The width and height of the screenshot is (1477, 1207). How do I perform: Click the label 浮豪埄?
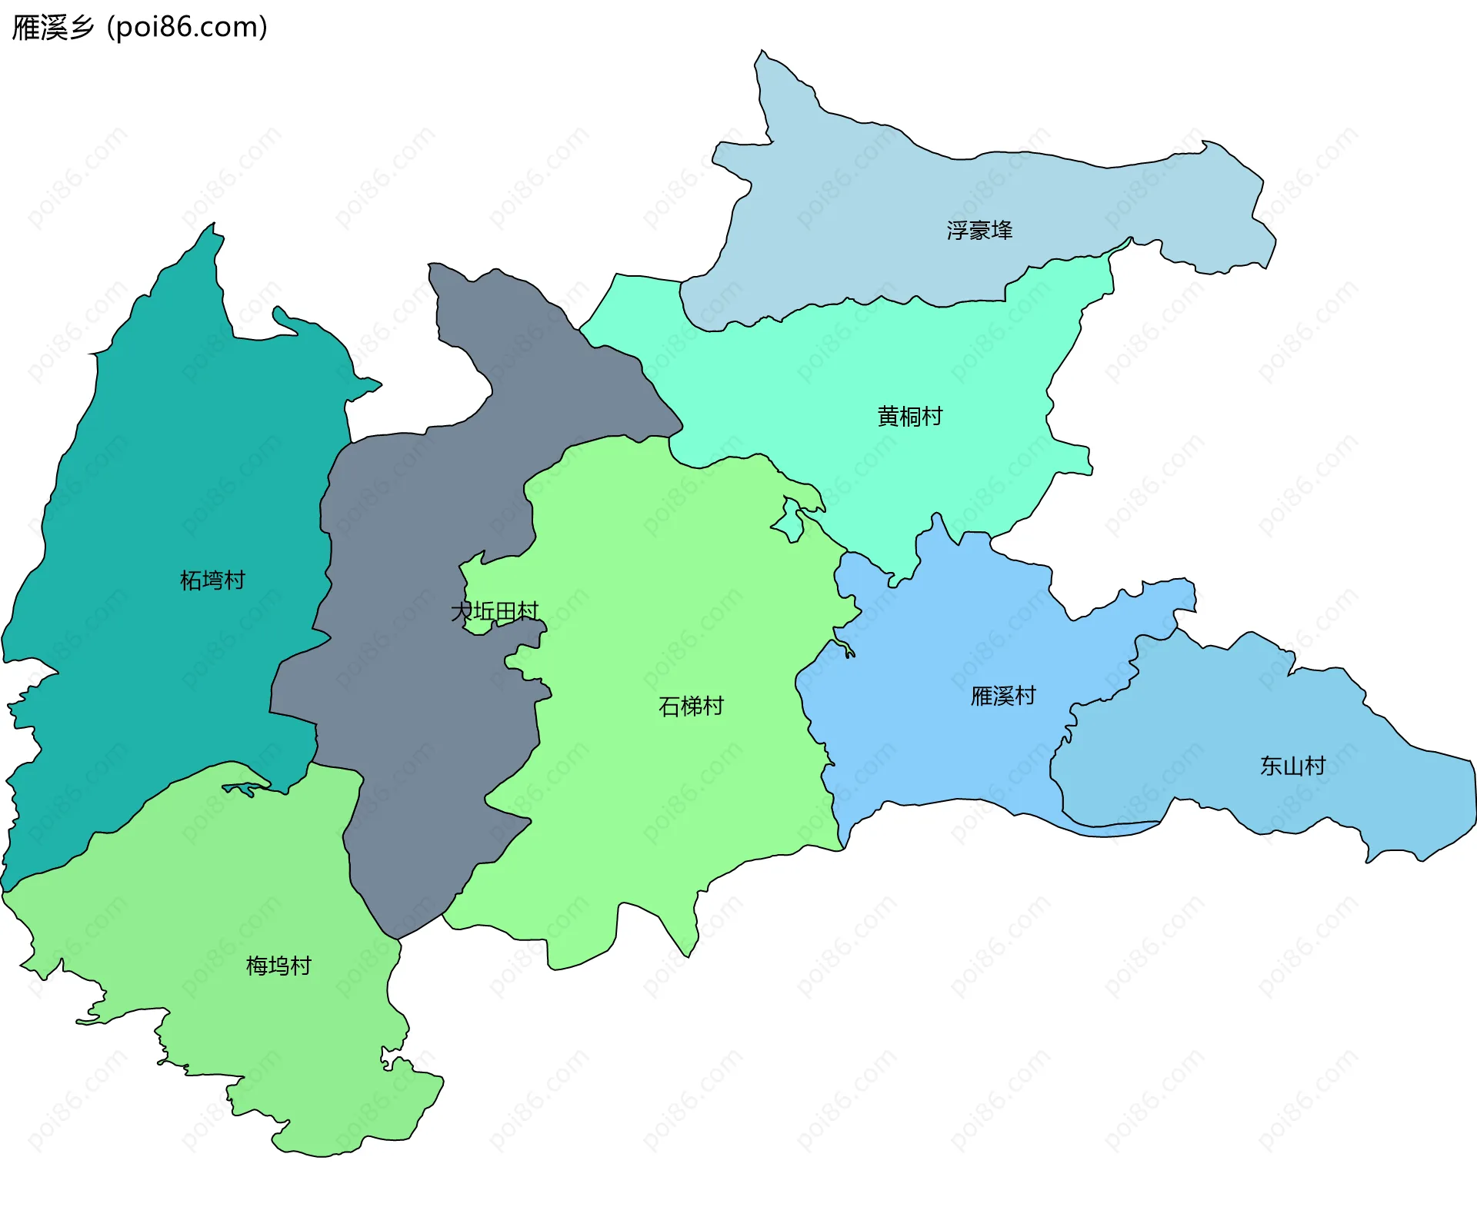979,230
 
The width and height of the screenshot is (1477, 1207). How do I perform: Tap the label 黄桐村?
910,416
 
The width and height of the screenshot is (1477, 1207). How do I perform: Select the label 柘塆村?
212,580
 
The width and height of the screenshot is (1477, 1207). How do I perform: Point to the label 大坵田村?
495,612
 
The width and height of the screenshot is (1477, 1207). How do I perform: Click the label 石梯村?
691,706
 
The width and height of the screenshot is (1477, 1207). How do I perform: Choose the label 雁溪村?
1003,696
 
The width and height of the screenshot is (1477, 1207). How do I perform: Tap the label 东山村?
1292,766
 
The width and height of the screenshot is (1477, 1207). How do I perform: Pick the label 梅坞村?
278,966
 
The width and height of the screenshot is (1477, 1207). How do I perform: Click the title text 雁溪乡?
52,28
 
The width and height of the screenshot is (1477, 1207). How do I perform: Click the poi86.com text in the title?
187,28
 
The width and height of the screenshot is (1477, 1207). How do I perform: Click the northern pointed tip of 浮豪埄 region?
762,52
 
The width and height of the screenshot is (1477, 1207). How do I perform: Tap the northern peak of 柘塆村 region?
213,224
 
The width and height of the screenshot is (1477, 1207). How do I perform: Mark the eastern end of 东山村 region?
1472,800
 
